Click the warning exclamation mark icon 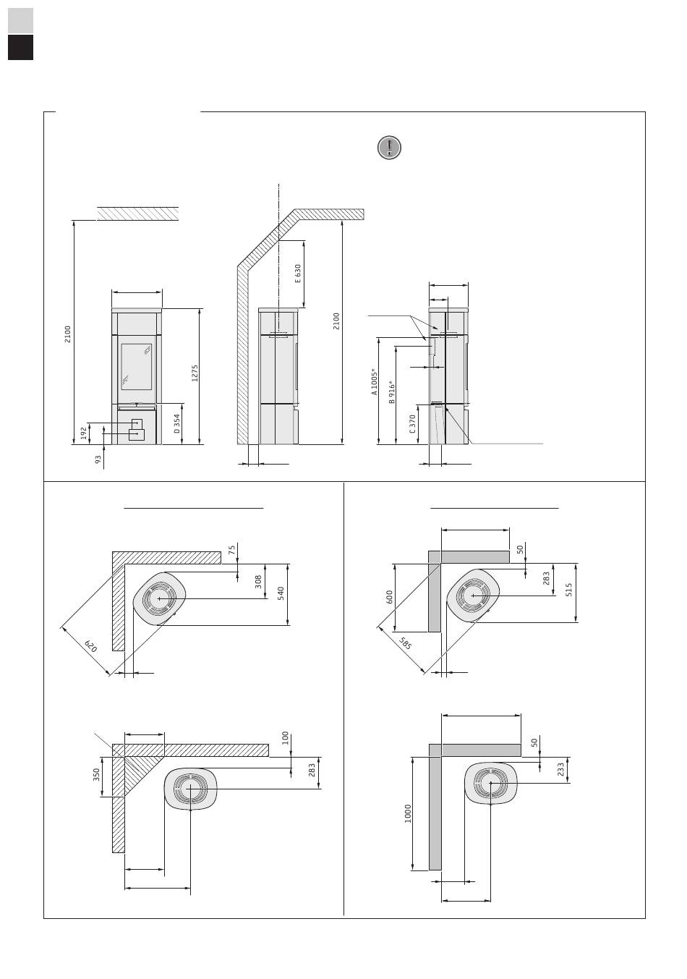389,148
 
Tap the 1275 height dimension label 195,373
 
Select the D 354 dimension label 177,424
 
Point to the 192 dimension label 84,433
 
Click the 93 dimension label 98,458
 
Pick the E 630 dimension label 297,274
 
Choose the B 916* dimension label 392,391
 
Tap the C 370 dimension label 412,423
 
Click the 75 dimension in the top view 231,550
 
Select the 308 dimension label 258,581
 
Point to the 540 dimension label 281,593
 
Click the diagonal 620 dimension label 90,646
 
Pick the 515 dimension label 569,590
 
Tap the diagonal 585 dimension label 405,642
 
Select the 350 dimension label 96,775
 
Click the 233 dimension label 561,770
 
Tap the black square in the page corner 21,48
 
